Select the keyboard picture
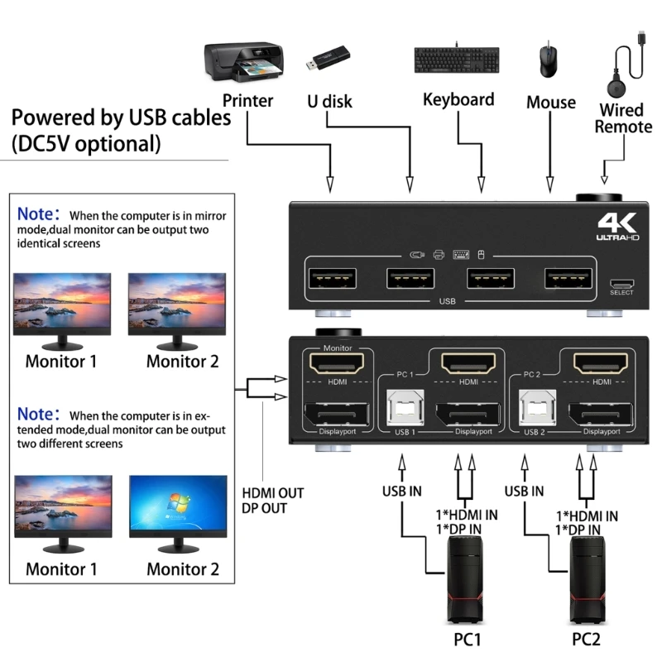(458, 60)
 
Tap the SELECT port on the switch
(621, 282)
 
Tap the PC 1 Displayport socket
(468, 414)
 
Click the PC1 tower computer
(466, 579)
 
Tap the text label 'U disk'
(329, 102)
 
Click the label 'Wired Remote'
(622, 118)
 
